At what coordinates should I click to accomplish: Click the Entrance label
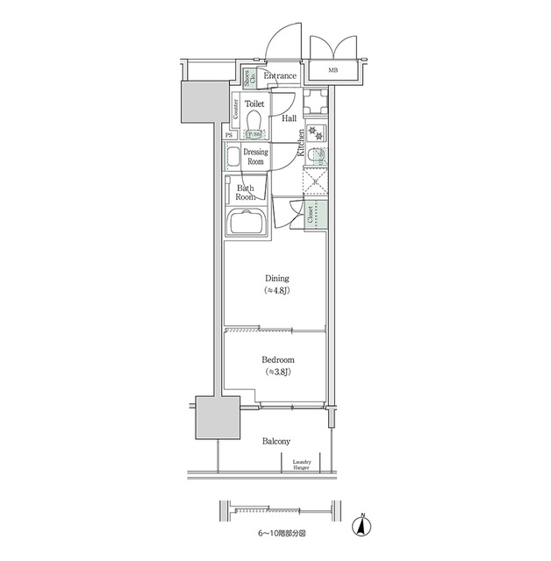pyautogui.click(x=280, y=76)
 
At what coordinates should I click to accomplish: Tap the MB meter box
pyautogui.click(x=333, y=70)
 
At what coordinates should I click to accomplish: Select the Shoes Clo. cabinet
pyautogui.click(x=248, y=78)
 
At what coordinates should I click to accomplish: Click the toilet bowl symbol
pyautogui.click(x=254, y=120)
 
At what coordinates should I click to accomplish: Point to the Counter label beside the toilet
pyautogui.click(x=236, y=109)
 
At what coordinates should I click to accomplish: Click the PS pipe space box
pyautogui.click(x=229, y=135)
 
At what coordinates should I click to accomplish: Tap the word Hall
pyautogui.click(x=288, y=117)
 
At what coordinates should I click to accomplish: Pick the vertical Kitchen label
pyautogui.click(x=300, y=142)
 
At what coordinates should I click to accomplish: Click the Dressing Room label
pyautogui.click(x=255, y=157)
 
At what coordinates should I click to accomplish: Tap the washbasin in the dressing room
pyautogui.click(x=233, y=159)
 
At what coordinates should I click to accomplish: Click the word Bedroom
pyautogui.click(x=278, y=359)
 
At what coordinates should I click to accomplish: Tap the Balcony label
pyautogui.click(x=275, y=441)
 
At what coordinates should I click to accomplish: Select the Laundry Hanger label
pyautogui.click(x=302, y=464)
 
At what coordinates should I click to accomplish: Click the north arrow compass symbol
pyautogui.click(x=360, y=526)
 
